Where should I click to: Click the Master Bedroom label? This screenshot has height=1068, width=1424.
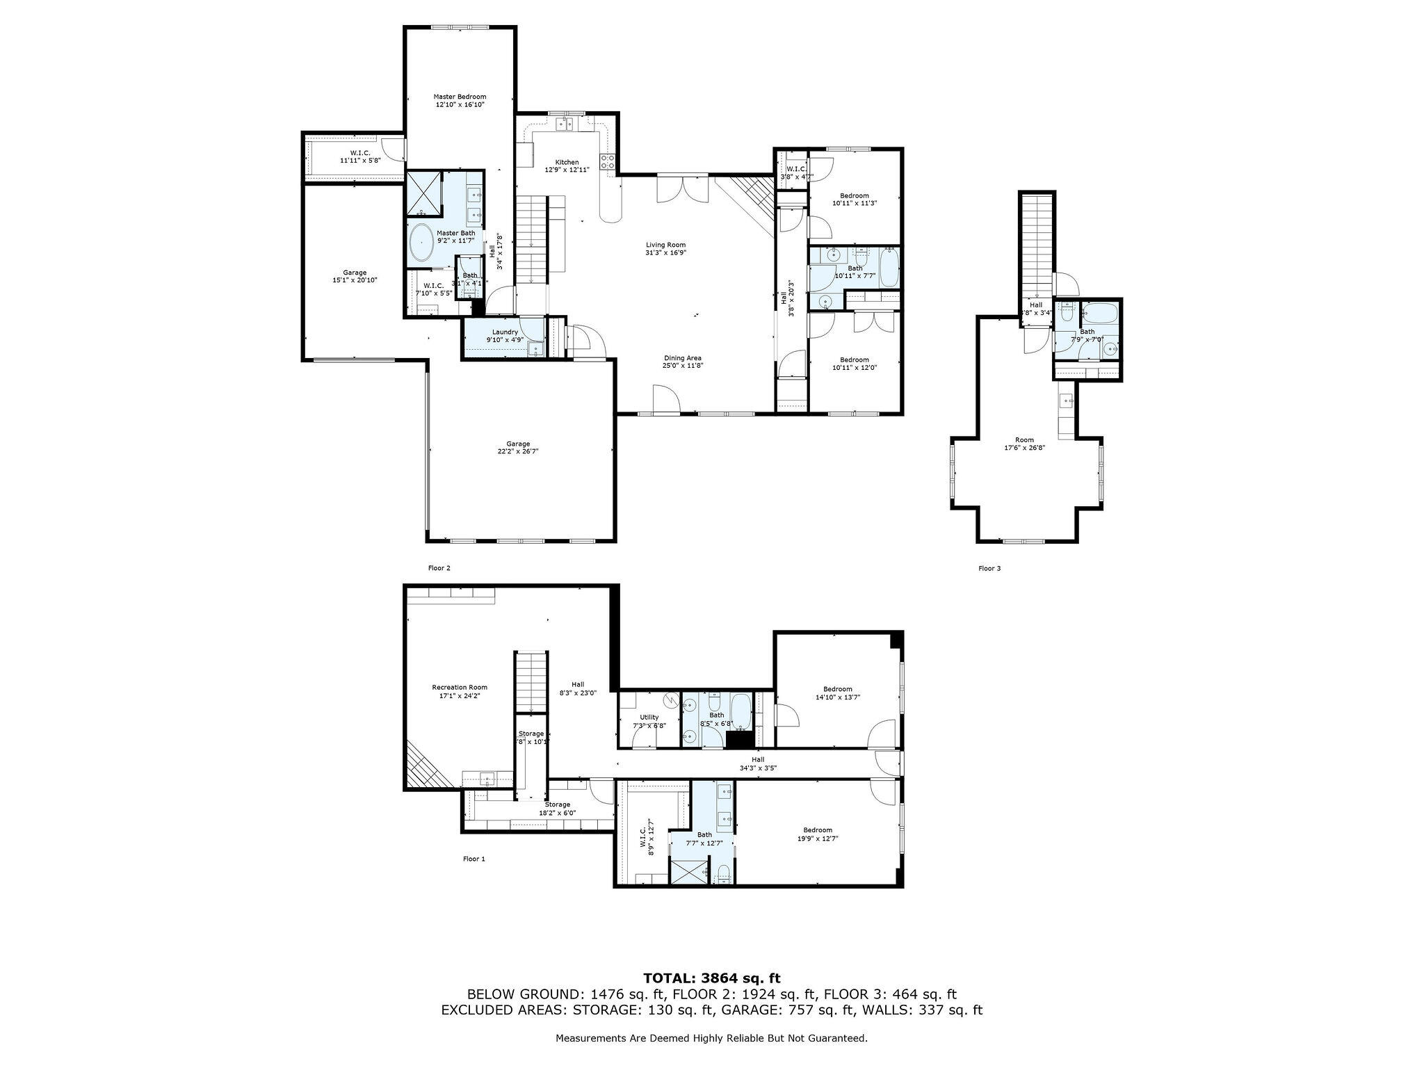pyautogui.click(x=460, y=97)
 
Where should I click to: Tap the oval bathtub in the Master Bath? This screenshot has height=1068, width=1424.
pyautogui.click(x=421, y=243)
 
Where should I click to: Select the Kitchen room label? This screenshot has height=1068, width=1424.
pyautogui.click(x=567, y=162)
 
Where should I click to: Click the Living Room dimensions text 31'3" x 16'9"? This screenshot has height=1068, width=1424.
pyautogui.click(x=666, y=253)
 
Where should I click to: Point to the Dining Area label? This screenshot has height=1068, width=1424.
pyautogui.click(x=682, y=358)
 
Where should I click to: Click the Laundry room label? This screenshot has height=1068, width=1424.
pyautogui.click(x=505, y=332)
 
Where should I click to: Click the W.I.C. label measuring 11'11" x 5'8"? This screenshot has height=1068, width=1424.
pyautogui.click(x=359, y=152)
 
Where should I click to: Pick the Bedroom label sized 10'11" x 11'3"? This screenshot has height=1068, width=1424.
pyautogui.click(x=855, y=195)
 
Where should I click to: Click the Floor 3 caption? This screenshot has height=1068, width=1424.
pyautogui.click(x=989, y=568)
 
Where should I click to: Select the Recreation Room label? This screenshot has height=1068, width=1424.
pyautogui.click(x=460, y=687)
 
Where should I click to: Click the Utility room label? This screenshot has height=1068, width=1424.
pyautogui.click(x=649, y=717)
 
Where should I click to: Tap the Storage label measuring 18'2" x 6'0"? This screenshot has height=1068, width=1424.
pyautogui.click(x=557, y=804)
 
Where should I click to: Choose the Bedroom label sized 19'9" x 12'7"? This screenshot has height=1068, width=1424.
pyautogui.click(x=818, y=830)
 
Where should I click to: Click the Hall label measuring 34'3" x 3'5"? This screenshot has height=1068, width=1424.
pyautogui.click(x=757, y=759)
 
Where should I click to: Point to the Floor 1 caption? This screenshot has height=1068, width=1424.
pyautogui.click(x=474, y=859)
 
